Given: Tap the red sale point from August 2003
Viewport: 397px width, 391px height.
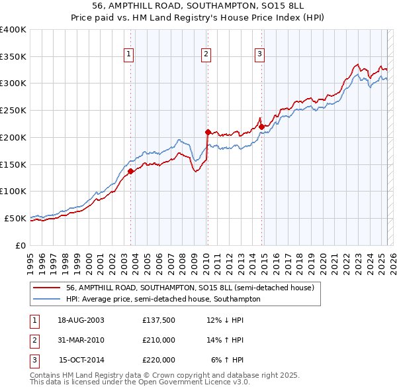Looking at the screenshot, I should [x=130, y=171].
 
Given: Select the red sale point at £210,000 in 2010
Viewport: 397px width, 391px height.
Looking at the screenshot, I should [x=208, y=132].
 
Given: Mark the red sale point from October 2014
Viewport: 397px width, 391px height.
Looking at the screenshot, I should [x=261, y=126].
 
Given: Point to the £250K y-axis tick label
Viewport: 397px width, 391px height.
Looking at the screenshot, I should [x=13, y=111].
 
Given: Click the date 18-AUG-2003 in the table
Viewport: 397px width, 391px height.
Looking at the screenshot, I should [x=81, y=321].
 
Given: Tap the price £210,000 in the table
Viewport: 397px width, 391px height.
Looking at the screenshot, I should [x=159, y=341].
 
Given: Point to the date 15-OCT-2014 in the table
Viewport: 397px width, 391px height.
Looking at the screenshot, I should [x=81, y=360].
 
